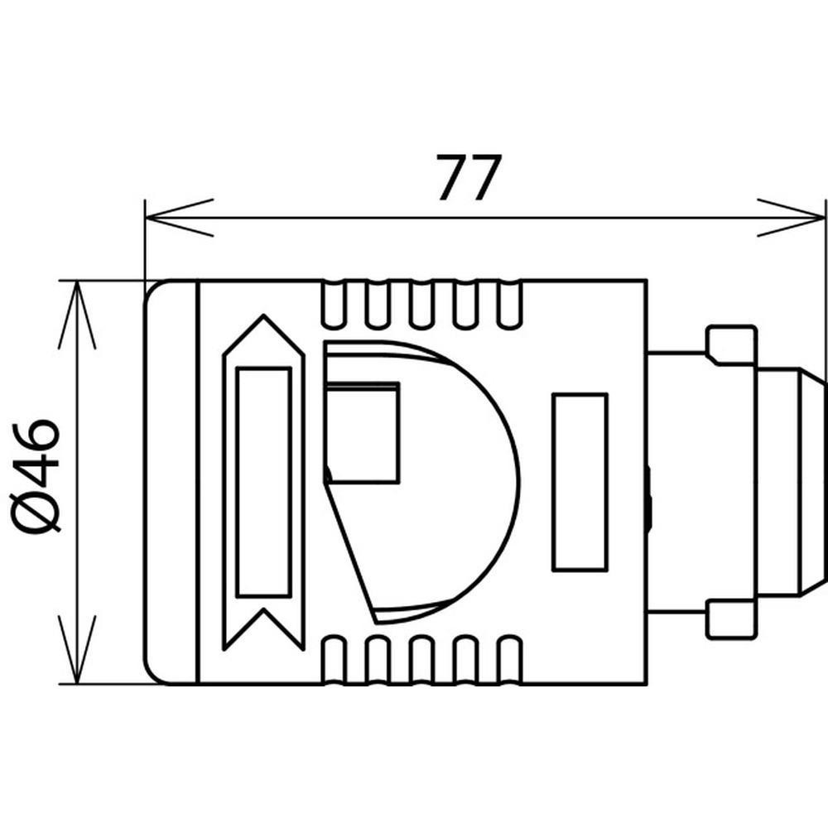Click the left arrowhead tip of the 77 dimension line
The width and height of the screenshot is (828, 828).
coord(147,217)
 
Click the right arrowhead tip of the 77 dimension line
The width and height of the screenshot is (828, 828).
coord(825,217)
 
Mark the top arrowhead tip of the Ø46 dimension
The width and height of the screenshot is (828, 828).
coord(77,282)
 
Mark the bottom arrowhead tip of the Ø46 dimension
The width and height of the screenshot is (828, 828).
coord(77,683)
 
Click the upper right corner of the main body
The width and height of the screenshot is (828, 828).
coord(647,281)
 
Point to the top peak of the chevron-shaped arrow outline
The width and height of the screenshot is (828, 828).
coord(263,315)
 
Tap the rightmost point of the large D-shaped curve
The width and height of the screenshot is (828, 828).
coord(519,484)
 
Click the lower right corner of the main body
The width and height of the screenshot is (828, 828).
coord(647,685)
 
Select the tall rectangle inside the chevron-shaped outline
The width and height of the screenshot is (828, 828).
coord(263,482)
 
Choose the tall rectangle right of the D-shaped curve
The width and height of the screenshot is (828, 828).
coord(580,482)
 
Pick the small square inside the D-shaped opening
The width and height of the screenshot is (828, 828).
coord(363,432)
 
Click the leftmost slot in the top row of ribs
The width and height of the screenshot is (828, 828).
coord(333,305)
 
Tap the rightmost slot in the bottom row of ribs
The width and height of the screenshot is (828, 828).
coord(510,661)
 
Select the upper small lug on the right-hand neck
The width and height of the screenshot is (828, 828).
coord(732,345)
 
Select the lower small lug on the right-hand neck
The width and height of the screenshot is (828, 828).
coord(732,619)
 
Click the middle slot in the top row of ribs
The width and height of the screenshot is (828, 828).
coord(421,305)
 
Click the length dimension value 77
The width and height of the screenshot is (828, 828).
coord(468,178)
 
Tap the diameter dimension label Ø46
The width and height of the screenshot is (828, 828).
coord(35,476)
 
